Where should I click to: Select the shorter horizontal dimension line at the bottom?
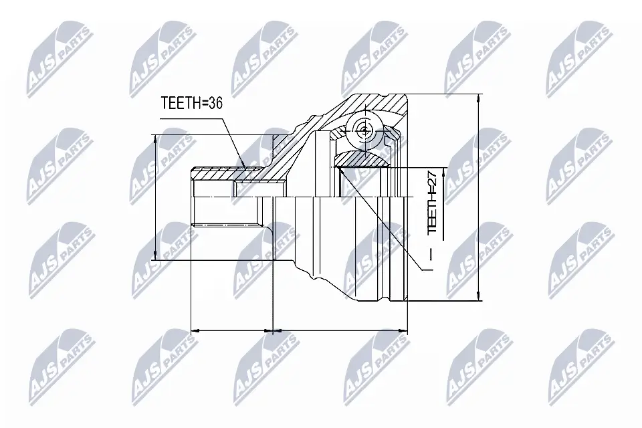(x=232, y=330)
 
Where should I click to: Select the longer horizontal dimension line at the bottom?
(x=340, y=330)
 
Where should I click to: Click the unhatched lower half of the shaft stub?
(x=224, y=213)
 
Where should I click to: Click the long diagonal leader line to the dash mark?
(x=382, y=221)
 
